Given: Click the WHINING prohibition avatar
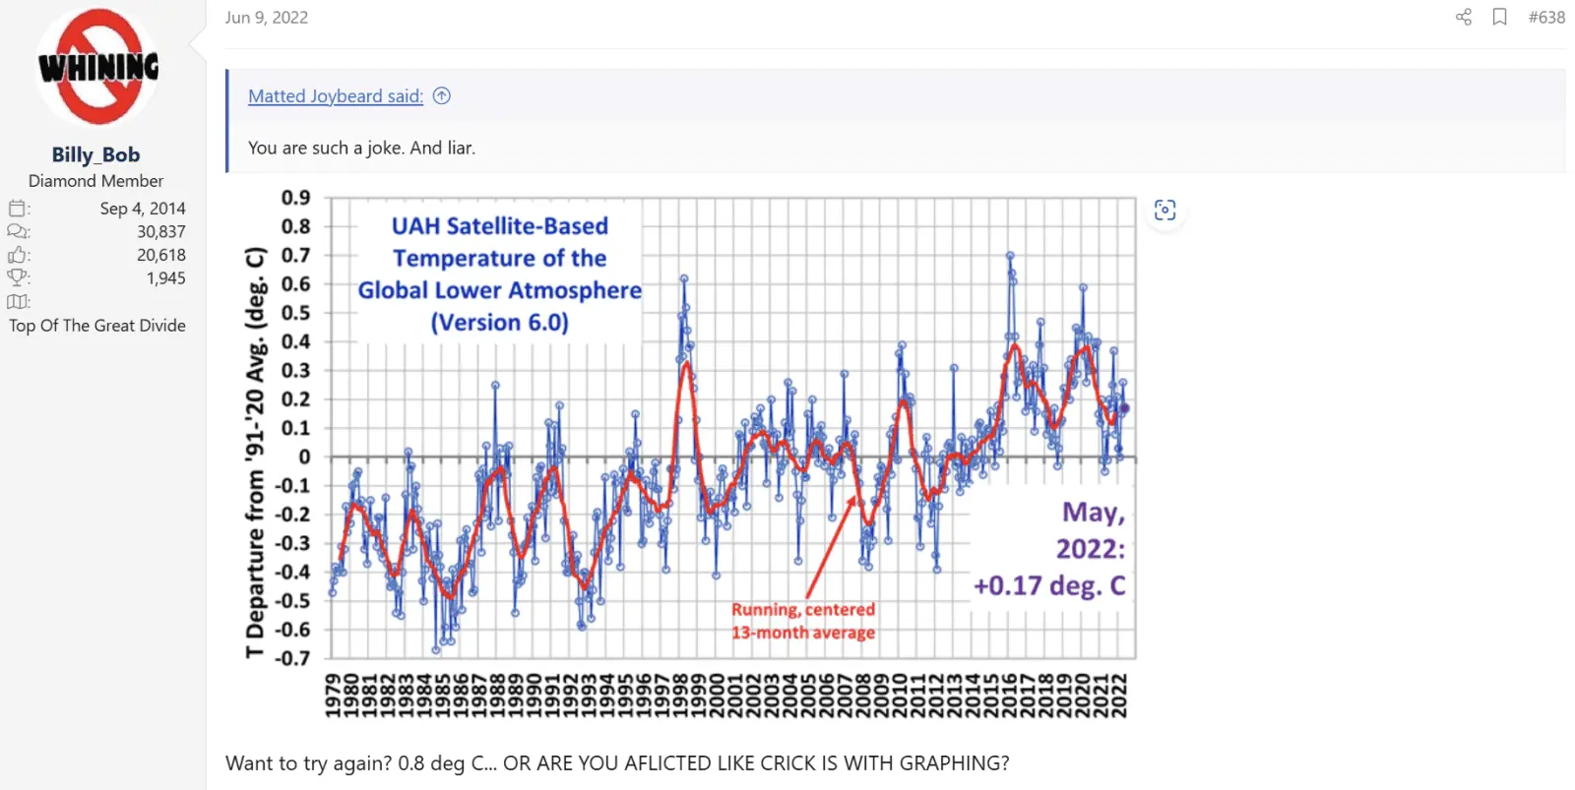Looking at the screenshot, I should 96,67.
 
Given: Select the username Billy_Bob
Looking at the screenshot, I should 95,154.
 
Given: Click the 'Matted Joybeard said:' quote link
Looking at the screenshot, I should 335,95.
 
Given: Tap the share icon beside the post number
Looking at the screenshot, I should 1464,17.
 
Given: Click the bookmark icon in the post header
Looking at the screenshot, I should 1499,17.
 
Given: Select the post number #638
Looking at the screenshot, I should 1545,17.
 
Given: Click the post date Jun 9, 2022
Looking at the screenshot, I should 266,17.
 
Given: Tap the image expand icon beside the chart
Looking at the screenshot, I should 1165,210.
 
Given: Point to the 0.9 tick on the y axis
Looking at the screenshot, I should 295,198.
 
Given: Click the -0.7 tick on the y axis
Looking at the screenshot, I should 292,658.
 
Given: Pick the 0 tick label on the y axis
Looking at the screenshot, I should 304,456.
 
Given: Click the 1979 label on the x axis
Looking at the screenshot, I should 334,696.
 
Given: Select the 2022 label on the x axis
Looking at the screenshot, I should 1119,696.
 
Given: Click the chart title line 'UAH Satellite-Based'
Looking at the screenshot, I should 499,226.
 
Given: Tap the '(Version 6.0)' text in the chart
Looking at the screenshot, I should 499,323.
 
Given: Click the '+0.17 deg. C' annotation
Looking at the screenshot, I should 1048,586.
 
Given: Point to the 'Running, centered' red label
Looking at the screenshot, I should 802,610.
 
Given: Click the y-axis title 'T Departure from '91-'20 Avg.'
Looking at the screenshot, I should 255,453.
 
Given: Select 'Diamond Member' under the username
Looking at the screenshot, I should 95,181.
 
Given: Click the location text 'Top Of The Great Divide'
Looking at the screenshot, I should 97,326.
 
